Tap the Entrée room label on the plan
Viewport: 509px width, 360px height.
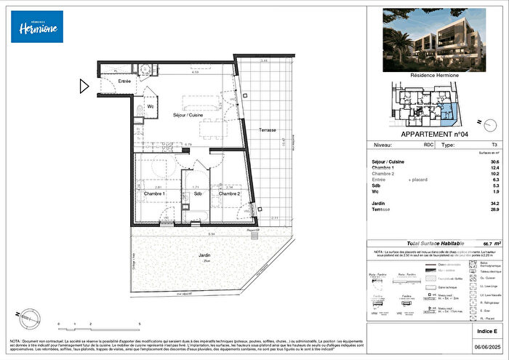point(124,81)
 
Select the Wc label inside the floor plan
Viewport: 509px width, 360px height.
point(150,107)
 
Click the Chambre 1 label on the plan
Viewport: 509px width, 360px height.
point(154,193)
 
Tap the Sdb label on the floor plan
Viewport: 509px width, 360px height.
point(196,194)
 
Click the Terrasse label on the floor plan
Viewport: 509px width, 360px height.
point(267,129)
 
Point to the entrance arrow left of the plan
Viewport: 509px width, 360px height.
point(84,88)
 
